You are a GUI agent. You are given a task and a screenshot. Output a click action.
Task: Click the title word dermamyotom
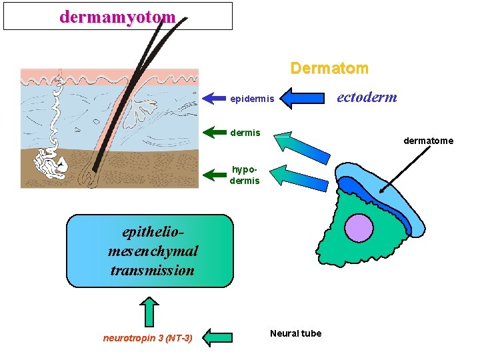[117, 17]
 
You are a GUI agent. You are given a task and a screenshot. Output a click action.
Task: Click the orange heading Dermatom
[329, 68]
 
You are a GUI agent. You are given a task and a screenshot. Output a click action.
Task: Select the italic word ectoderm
[367, 97]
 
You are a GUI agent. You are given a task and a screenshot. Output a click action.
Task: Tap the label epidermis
[251, 99]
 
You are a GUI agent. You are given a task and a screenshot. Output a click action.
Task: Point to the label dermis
[245, 133]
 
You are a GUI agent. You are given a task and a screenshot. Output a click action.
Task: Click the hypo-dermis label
[245, 175]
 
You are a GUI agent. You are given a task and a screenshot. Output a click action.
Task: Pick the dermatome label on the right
[428, 141]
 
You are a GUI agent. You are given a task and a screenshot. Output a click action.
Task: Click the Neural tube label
[295, 333]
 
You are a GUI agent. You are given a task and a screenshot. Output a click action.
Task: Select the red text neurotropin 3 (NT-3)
[147, 338]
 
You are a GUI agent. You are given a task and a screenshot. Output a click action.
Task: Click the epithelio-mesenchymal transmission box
[150, 251]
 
